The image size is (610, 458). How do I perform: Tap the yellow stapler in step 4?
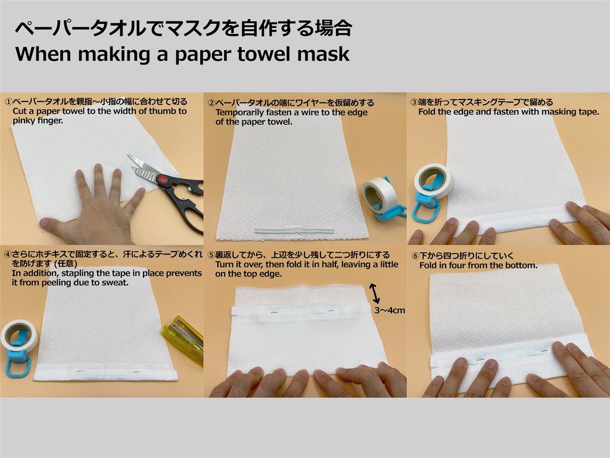click(183, 338)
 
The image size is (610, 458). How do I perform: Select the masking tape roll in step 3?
click(431, 181)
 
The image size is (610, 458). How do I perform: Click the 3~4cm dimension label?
click(390, 310)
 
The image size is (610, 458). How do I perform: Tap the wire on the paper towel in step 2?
click(294, 231)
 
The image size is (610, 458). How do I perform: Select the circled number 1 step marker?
click(8, 102)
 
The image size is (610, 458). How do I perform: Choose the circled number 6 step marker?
click(415, 256)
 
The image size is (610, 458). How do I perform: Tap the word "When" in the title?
click(42, 54)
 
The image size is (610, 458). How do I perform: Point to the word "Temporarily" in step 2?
click(241, 113)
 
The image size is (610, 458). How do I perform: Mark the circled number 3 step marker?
click(415, 103)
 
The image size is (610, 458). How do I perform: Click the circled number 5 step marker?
click(211, 255)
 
